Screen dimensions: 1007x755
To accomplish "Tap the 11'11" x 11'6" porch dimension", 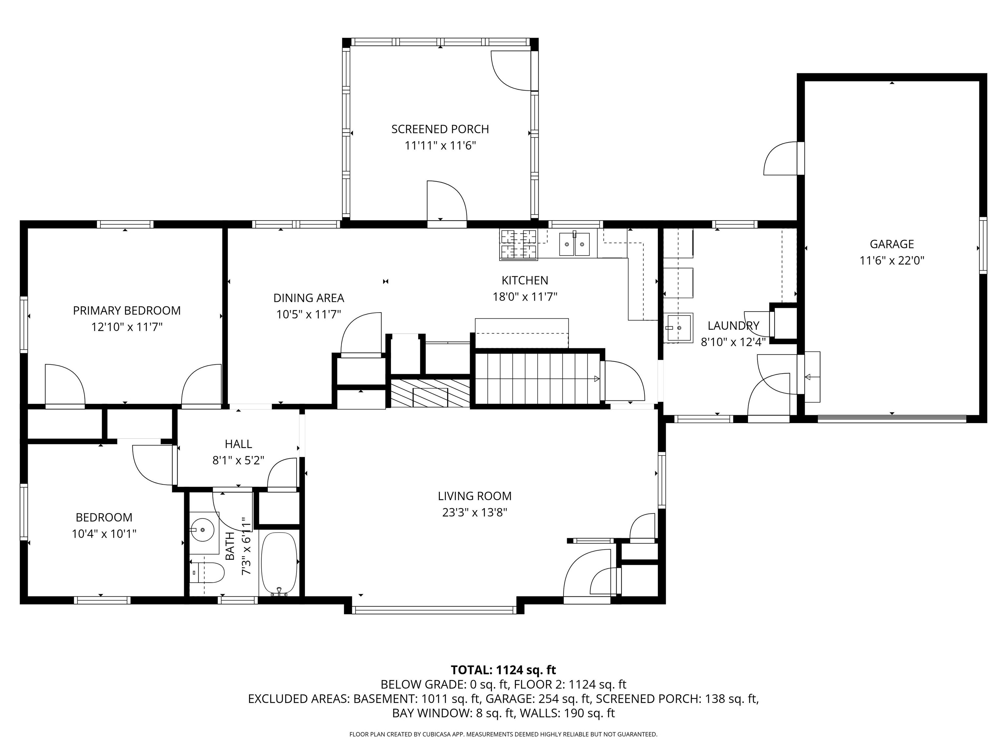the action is tap(440, 145).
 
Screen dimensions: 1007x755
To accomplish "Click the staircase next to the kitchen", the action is tap(537, 378).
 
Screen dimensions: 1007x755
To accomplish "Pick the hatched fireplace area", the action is tap(430, 392).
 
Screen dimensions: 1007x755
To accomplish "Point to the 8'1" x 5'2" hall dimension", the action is tap(238, 460).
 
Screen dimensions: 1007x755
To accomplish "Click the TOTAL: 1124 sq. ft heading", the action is tap(503, 670).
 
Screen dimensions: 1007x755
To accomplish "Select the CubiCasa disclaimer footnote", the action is tap(503, 734).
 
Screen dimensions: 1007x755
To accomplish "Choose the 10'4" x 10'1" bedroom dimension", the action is tap(104, 533).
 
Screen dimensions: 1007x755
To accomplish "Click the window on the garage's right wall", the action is tap(982, 245).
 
